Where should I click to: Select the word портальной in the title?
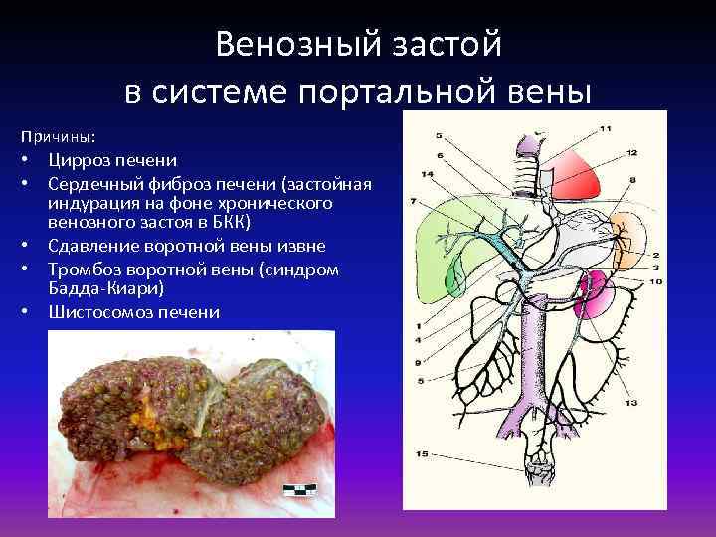click(390, 90)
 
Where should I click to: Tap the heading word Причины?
click(49, 136)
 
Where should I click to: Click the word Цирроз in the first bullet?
click(79, 159)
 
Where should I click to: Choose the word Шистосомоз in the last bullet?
click(97, 312)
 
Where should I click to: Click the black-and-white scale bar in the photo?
click(298, 489)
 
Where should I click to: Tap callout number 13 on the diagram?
click(630, 403)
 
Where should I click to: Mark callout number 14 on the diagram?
click(427, 175)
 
